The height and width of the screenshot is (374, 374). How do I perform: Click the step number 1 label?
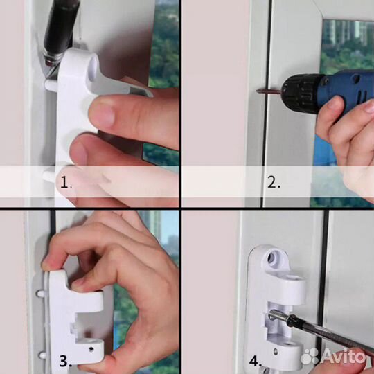coord(65,182)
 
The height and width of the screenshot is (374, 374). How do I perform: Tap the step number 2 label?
coord(274,182)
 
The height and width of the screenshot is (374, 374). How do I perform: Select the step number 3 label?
coord(66,361)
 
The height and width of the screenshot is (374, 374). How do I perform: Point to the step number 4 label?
coord(255,361)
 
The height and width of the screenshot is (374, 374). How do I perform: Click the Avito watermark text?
coord(343,357)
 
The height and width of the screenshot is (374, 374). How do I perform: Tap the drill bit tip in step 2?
coord(257,91)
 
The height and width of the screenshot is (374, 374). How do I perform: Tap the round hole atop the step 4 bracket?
coord(271,258)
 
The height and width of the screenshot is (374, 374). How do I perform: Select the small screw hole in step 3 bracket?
coord(91,350)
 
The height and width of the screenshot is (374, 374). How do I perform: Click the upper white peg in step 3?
coord(40,294)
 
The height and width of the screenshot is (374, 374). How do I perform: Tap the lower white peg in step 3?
coord(42,355)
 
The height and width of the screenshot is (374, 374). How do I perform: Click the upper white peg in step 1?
coord(51,85)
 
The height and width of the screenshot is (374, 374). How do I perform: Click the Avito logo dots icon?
coord(310,357)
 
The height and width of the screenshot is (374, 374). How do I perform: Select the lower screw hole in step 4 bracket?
coord(276,352)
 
